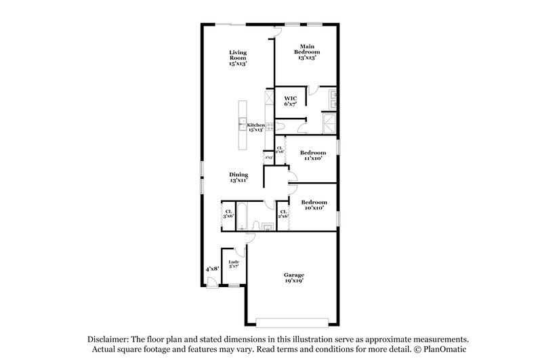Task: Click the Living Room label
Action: [238, 57]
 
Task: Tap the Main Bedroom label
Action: [308, 51]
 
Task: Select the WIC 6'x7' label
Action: [290, 102]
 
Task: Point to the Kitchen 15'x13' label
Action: [255, 127]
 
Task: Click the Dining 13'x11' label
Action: [238, 177]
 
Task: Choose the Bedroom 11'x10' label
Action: [313, 156]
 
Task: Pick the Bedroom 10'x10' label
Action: [314, 205]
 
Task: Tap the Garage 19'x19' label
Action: [294, 277]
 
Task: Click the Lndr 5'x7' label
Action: [234, 264]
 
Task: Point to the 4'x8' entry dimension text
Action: [212, 269]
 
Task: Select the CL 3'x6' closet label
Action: [228, 213]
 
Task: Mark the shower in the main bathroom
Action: [329, 123]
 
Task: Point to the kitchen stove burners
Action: [269, 126]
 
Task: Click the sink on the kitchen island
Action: [242, 123]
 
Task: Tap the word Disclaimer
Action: [108, 338]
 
